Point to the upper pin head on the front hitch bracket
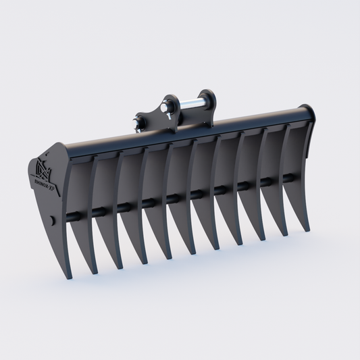point(165,107)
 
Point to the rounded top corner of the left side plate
point(61,147)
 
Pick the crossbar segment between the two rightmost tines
point(288,178)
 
